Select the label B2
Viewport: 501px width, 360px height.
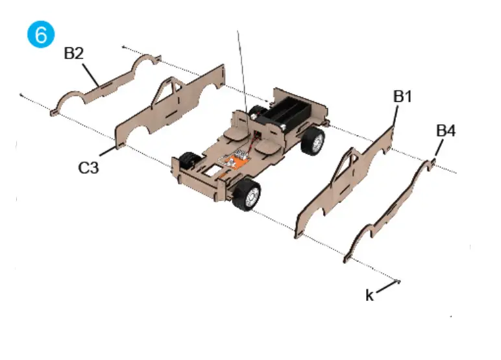coord(73,53)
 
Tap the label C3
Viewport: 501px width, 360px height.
coord(89,167)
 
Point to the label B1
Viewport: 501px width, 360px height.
coord(403,96)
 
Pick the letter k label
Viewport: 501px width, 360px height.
coord(369,296)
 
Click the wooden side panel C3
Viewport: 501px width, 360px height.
coord(188,107)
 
